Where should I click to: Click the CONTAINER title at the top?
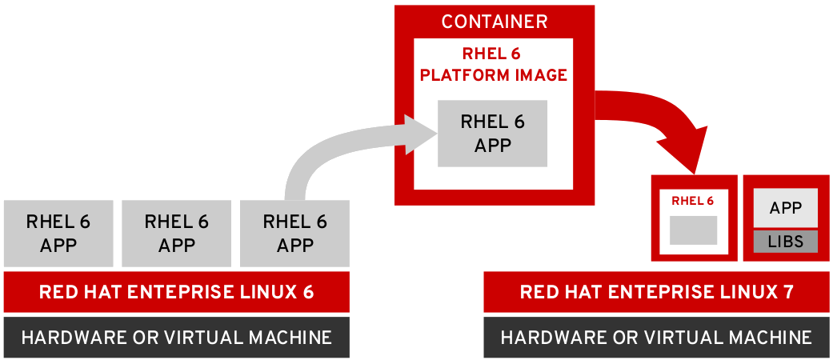pos(495,22)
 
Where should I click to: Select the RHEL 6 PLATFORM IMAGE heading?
pos(494,65)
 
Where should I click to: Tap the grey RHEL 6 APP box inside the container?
pos(492,134)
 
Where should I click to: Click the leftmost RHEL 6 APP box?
pos(58,233)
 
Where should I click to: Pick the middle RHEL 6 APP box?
pos(176,233)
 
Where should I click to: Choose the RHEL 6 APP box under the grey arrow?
pos(294,233)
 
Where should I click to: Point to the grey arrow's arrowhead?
pos(421,134)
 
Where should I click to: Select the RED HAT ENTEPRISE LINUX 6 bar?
pos(176,292)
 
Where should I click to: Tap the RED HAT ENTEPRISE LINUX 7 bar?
pos(656,292)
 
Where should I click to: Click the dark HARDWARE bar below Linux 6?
pos(176,338)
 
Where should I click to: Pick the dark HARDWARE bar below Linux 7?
pos(656,338)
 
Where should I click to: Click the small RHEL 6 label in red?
pos(693,201)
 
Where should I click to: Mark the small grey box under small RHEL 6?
pos(693,230)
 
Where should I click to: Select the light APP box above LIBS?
pos(786,208)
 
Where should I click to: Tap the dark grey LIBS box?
pos(786,242)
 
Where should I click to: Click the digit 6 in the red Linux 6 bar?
pos(308,292)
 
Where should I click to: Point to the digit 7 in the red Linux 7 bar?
pos(788,292)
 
